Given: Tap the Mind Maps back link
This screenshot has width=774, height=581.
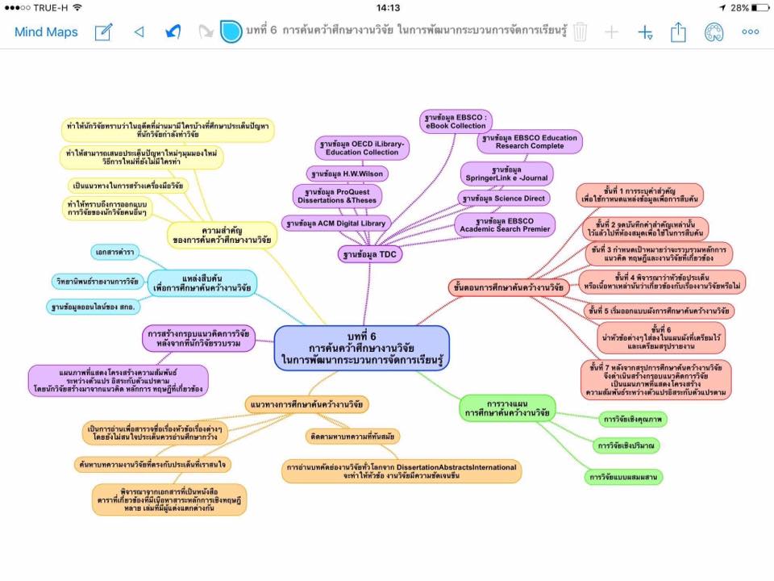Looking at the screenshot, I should [46, 32].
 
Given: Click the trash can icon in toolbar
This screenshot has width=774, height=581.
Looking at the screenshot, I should [581, 32].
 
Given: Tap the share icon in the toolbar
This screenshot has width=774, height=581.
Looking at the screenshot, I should [678, 32].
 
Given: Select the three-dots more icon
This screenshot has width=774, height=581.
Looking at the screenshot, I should [751, 32].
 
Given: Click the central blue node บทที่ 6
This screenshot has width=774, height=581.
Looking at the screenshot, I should [362, 347].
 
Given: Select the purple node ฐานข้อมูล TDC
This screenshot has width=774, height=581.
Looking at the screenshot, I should [370, 254].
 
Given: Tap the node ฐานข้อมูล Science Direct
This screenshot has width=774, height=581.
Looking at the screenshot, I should [504, 198].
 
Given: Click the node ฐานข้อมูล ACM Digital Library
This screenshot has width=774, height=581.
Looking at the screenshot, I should [336, 223].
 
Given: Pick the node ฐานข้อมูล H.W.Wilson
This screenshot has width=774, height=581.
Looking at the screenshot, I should [347, 173].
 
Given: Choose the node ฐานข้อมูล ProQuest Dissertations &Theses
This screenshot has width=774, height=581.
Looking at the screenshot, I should [337, 196].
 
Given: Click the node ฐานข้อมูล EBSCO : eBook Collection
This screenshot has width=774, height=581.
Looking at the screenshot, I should [456, 121].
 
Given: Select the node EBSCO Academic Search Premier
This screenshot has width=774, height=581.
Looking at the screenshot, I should [505, 224].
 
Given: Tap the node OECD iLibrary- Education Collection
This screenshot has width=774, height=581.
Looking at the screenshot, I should [363, 148].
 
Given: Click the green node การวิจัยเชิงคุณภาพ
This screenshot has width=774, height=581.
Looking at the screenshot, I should [631, 420].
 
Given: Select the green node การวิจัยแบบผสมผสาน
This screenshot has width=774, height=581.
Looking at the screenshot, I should [624, 477].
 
